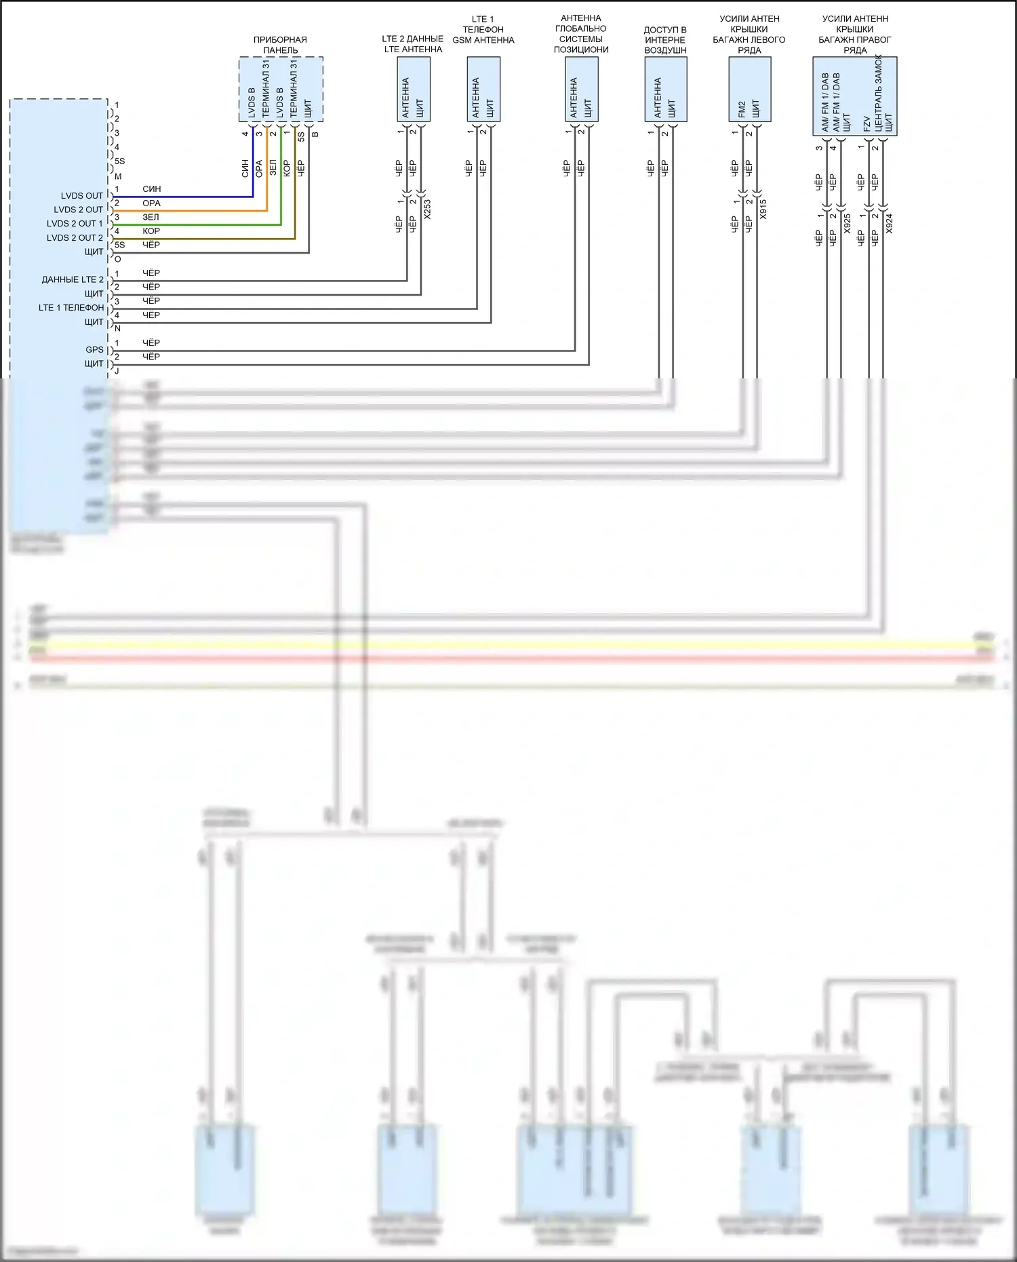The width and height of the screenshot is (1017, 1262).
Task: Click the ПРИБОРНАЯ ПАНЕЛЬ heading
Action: (x=280, y=45)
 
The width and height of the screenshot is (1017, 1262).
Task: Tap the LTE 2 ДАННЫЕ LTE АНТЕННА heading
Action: (x=413, y=44)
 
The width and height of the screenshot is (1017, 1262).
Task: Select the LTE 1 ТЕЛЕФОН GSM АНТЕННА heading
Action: (x=483, y=30)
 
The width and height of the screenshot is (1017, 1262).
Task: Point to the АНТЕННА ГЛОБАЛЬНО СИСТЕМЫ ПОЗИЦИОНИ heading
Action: (x=581, y=34)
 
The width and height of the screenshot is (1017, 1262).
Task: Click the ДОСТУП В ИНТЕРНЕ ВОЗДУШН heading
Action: (x=665, y=40)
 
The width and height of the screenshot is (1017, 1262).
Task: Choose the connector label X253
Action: (x=427, y=209)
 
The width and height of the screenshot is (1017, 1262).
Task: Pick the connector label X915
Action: (x=763, y=209)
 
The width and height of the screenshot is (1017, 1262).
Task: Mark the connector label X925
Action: (x=848, y=223)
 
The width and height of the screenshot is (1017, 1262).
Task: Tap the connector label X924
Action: (x=890, y=223)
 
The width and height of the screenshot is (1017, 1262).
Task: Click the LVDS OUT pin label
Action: (x=82, y=196)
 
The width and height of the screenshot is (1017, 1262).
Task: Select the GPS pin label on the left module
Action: (x=94, y=350)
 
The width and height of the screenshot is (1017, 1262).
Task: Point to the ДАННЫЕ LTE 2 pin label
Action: (x=73, y=279)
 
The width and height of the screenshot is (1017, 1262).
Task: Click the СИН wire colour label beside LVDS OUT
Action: (x=152, y=189)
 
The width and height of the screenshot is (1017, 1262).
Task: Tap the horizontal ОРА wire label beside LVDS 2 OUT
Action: (x=151, y=203)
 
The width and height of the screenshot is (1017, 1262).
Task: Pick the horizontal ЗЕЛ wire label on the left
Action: (x=151, y=218)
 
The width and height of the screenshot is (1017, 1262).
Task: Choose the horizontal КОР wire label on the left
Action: (x=151, y=231)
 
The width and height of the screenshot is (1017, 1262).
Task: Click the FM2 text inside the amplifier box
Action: (x=742, y=109)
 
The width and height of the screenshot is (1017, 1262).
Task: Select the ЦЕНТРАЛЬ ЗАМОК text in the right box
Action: (x=879, y=94)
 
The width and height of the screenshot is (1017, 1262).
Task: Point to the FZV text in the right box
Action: (x=867, y=123)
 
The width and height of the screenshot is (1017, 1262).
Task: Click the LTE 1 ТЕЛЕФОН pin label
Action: (x=71, y=308)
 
